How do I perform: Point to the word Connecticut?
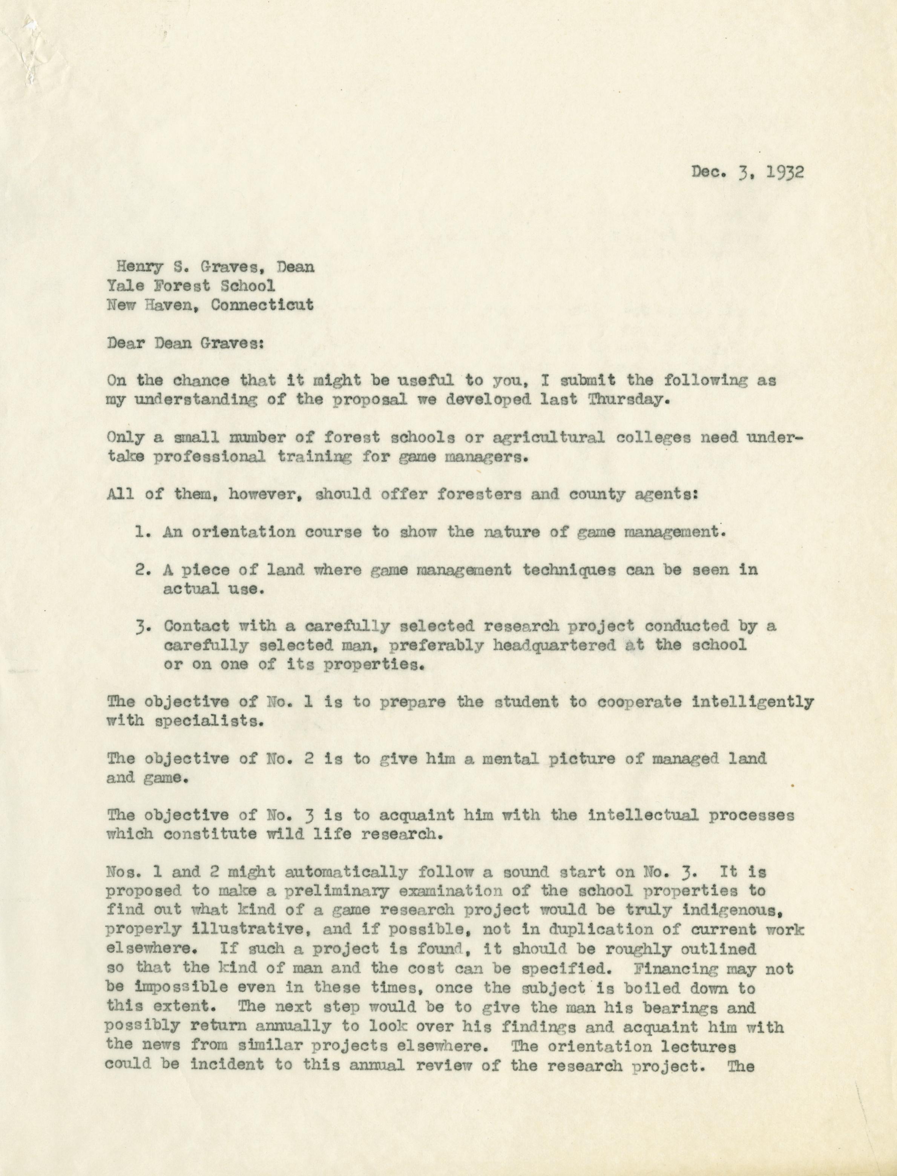(x=262, y=305)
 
